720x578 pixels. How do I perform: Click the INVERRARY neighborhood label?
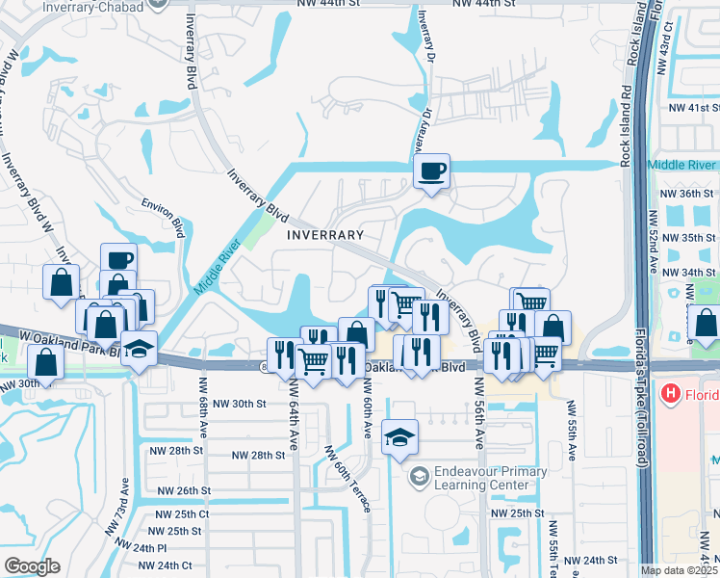pos(325,234)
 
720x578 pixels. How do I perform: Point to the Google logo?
pos(32,565)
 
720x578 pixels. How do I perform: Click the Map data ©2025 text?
pos(679,570)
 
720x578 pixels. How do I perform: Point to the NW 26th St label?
pos(180,490)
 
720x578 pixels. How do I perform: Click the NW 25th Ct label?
pos(179,513)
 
